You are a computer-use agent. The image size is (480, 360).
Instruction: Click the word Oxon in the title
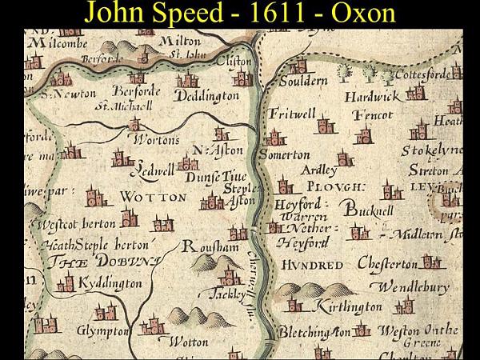point(357,14)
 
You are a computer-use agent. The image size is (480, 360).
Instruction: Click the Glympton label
point(102,330)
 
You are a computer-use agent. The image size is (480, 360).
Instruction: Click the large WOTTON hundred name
point(153,196)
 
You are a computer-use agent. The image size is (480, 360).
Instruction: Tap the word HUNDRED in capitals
point(312,265)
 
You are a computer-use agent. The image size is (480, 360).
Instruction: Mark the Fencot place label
point(373,114)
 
